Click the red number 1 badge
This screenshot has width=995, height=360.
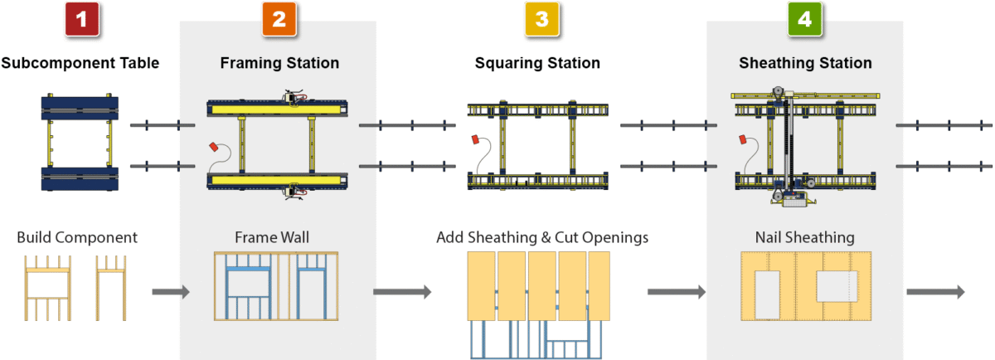[x=80, y=20]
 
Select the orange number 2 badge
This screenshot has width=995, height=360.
[x=279, y=20]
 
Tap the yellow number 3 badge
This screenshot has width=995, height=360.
[x=541, y=20]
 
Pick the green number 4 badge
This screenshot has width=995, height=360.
[x=804, y=20]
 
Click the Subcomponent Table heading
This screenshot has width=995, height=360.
[x=80, y=63]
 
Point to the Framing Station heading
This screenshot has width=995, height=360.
[x=279, y=63]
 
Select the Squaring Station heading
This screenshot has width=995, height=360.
[x=537, y=63]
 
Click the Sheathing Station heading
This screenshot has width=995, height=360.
[x=805, y=63]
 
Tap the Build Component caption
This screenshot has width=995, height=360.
[x=77, y=238]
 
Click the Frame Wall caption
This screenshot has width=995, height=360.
[x=272, y=238]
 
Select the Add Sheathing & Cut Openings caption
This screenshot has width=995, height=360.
[x=542, y=238]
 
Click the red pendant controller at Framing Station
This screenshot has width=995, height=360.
[x=213, y=148]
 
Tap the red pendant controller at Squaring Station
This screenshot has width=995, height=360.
[x=474, y=139]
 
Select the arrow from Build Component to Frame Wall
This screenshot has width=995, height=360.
[x=171, y=292]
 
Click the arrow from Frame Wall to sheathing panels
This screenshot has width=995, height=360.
[x=402, y=292]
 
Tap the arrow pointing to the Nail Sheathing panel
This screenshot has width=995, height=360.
[x=676, y=292]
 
